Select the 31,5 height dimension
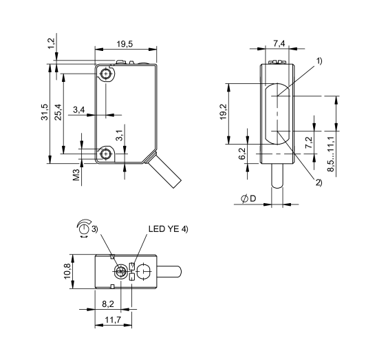point(44,114)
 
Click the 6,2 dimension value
point(241,153)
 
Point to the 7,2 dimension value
point(308,142)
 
